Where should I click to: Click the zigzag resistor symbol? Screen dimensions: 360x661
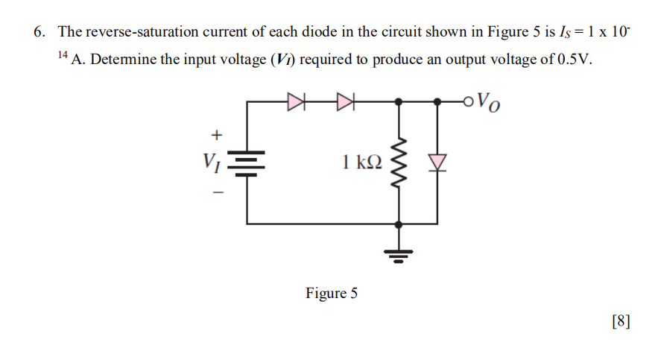click(401, 162)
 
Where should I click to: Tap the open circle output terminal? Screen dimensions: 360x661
click(467, 101)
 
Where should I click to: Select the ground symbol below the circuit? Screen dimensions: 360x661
click(401, 256)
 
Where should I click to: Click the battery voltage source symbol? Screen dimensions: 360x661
click(247, 162)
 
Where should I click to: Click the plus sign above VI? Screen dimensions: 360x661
click(217, 135)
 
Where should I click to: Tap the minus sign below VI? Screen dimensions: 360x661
click(217, 191)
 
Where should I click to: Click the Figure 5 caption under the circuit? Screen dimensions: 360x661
click(331, 293)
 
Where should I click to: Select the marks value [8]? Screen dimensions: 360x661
click(620, 321)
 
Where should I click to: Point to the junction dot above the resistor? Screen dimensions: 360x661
click(401, 101)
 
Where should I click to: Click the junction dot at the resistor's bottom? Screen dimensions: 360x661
click(401, 223)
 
